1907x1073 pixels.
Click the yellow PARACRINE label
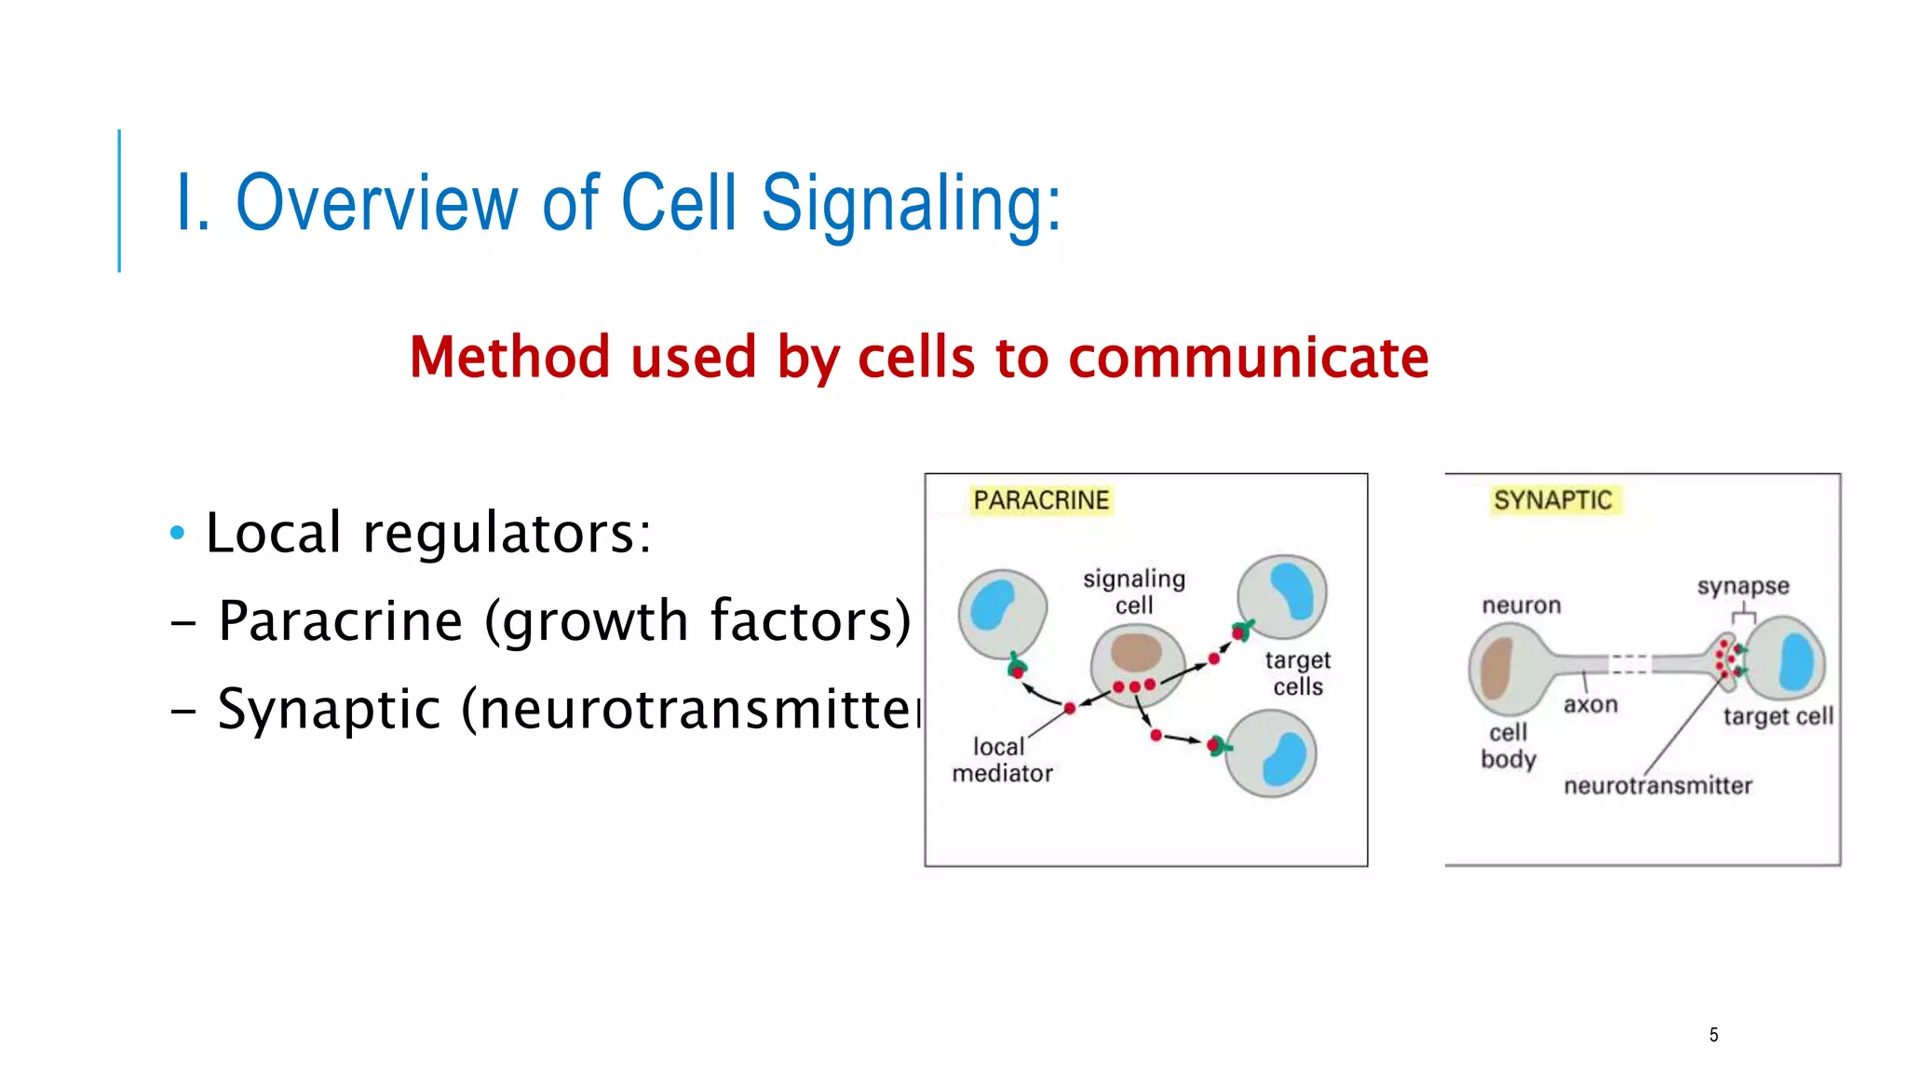(x=1041, y=500)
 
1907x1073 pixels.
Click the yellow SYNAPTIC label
(x=1552, y=500)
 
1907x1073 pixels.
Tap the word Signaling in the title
(x=910, y=204)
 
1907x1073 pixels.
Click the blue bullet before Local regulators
(x=178, y=534)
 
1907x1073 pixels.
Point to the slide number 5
(x=1713, y=1035)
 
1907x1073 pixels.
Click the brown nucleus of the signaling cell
(x=1136, y=652)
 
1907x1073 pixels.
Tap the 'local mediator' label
(x=1002, y=760)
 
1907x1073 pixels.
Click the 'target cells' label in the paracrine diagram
(x=1298, y=673)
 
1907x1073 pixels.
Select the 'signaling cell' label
(x=1134, y=591)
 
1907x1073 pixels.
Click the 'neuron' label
(x=1522, y=605)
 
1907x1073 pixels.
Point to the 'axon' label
(x=1590, y=705)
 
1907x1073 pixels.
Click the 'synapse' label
(x=1743, y=587)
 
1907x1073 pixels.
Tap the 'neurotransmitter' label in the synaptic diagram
(x=1657, y=786)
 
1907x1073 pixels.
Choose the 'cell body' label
(x=1508, y=745)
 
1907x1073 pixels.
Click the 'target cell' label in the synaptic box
(x=1778, y=716)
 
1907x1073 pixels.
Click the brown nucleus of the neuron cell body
(x=1495, y=668)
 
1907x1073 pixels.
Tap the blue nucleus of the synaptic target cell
(x=1796, y=660)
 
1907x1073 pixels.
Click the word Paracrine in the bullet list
(x=340, y=621)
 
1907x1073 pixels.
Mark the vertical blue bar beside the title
(x=119, y=200)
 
